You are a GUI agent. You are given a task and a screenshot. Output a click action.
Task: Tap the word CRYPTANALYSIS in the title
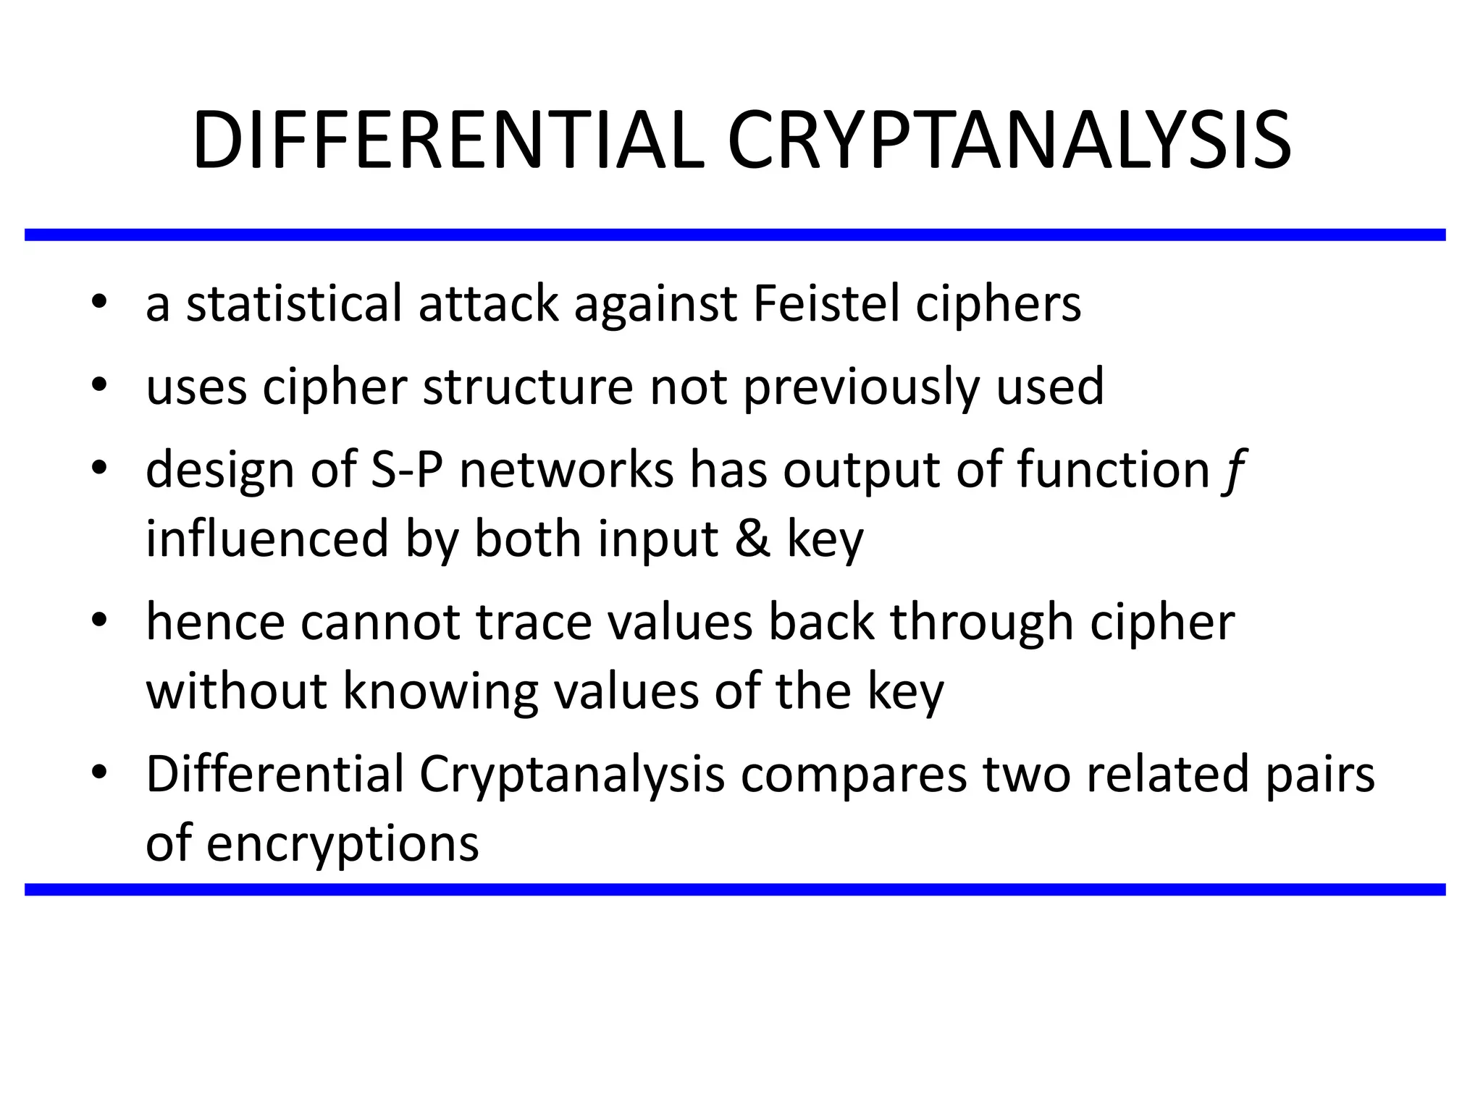[1009, 141]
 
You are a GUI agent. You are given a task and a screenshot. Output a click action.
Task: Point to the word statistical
[294, 303]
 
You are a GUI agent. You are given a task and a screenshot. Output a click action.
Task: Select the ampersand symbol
[752, 539]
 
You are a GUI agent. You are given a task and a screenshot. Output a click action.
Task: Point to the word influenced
[267, 539]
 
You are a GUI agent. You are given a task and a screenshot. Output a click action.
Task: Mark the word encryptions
[343, 844]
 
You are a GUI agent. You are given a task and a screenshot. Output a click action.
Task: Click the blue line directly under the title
[735, 235]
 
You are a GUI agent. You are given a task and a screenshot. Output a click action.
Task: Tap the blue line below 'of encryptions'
[735, 890]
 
